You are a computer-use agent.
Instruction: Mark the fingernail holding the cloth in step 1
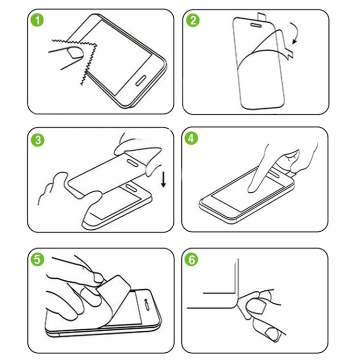coord(74,53)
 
